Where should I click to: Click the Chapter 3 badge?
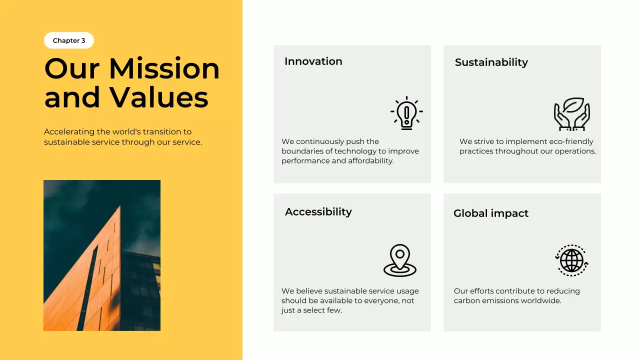(69, 40)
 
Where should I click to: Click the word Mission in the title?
(164, 68)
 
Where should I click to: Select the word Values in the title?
(159, 97)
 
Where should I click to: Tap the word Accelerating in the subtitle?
(69, 132)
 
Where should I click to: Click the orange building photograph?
(102, 255)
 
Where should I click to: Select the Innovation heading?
(313, 61)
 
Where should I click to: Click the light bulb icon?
(406, 113)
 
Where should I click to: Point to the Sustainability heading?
(491, 62)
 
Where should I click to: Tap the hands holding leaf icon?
(571, 114)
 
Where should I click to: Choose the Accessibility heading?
(318, 212)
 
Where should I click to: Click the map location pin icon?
(399, 260)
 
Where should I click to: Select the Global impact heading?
(490, 213)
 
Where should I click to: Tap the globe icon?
(571, 260)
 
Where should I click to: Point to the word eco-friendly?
(567, 141)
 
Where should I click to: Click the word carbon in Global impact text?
(467, 301)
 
